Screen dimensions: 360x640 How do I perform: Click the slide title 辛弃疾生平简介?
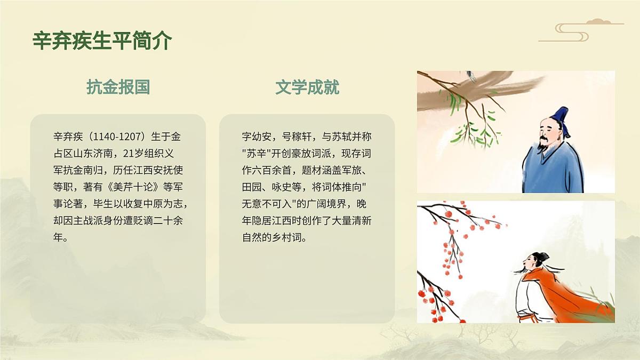point(102,41)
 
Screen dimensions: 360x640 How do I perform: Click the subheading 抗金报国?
point(118,87)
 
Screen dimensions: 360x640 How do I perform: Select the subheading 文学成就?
point(307,87)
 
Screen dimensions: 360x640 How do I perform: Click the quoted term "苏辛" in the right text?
point(257,154)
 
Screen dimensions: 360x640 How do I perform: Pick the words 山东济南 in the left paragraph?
point(90,154)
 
